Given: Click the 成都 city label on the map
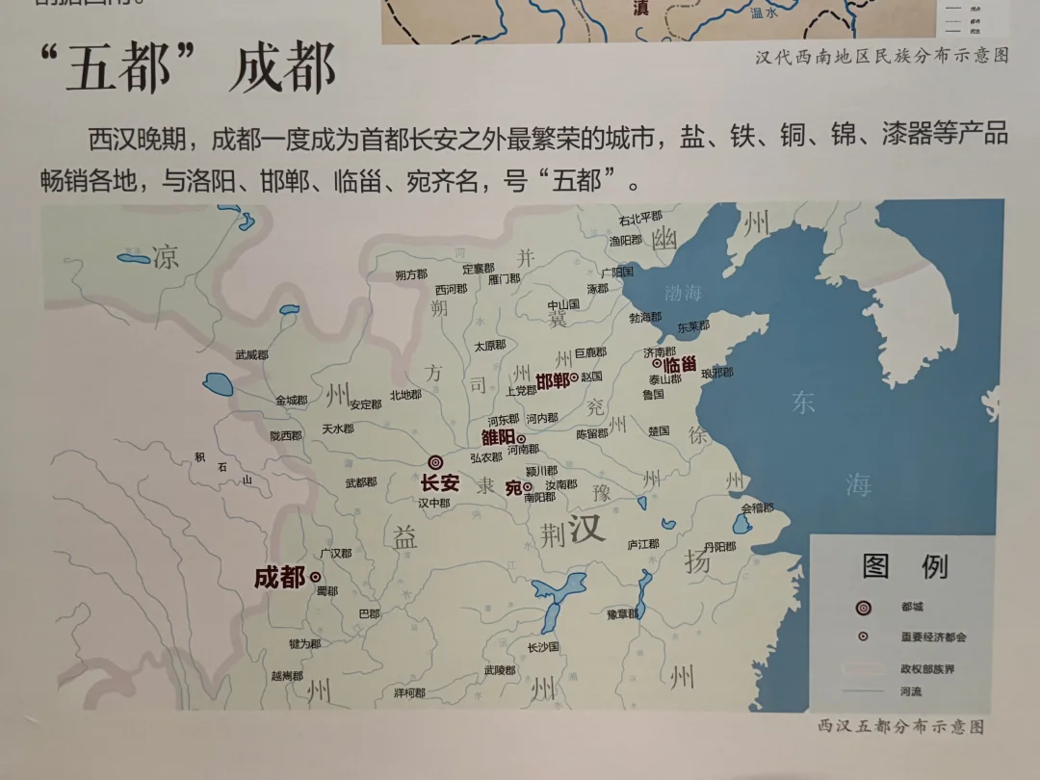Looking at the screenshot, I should point(279,577).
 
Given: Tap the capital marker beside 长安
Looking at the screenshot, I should point(435,463).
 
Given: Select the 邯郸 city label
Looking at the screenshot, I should point(552,380).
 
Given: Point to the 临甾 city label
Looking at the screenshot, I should point(680,365).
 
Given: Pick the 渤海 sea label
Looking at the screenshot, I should point(683,292).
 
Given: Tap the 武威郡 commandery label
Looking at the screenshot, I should point(252,355).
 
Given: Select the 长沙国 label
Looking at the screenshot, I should point(543,646).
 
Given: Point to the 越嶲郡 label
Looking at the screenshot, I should point(287,676).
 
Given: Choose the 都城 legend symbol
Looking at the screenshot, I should point(864,608).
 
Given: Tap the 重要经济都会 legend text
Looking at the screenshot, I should point(933,637).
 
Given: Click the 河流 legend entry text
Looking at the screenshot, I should point(911,690).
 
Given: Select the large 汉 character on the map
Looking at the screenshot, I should point(586,527).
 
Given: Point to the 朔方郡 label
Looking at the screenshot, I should point(410,274).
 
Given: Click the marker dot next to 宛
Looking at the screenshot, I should point(528,487).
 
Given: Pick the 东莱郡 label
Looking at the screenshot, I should point(693,326).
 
